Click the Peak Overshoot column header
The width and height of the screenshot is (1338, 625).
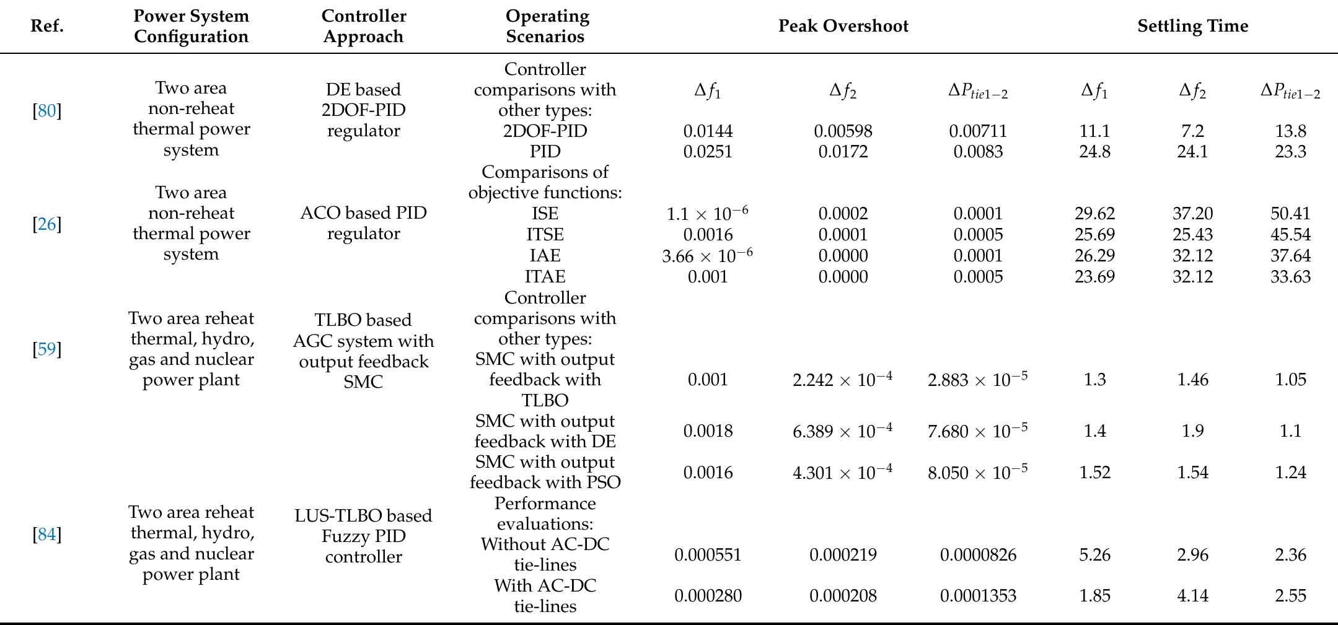coord(843,26)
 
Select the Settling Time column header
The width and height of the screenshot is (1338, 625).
coord(1192,26)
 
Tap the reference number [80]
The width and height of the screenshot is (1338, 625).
coord(47,111)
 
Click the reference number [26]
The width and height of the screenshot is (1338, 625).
coord(47,224)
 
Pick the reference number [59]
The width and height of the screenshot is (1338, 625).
coord(47,349)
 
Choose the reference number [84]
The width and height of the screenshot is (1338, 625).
coord(47,534)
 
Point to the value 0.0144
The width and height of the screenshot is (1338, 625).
coord(708,131)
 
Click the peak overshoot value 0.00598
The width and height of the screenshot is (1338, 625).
coord(843,131)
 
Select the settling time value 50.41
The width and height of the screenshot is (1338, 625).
coord(1290,214)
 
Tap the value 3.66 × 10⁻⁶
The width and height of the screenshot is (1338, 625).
coord(707,255)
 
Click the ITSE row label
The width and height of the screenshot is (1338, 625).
coord(545,235)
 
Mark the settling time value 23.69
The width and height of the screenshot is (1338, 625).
coord(1094,276)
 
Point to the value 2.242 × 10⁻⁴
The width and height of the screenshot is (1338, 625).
coord(842,379)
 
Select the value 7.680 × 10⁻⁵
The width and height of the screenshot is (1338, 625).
coord(977,431)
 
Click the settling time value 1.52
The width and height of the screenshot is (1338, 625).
coord(1094,473)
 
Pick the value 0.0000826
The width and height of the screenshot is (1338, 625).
coord(978,554)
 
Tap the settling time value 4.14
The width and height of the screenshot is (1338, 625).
coord(1192,596)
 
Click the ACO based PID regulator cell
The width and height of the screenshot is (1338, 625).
coord(363,223)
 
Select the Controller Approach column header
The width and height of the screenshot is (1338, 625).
coord(363,26)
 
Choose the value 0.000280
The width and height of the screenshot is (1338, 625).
coord(708,596)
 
